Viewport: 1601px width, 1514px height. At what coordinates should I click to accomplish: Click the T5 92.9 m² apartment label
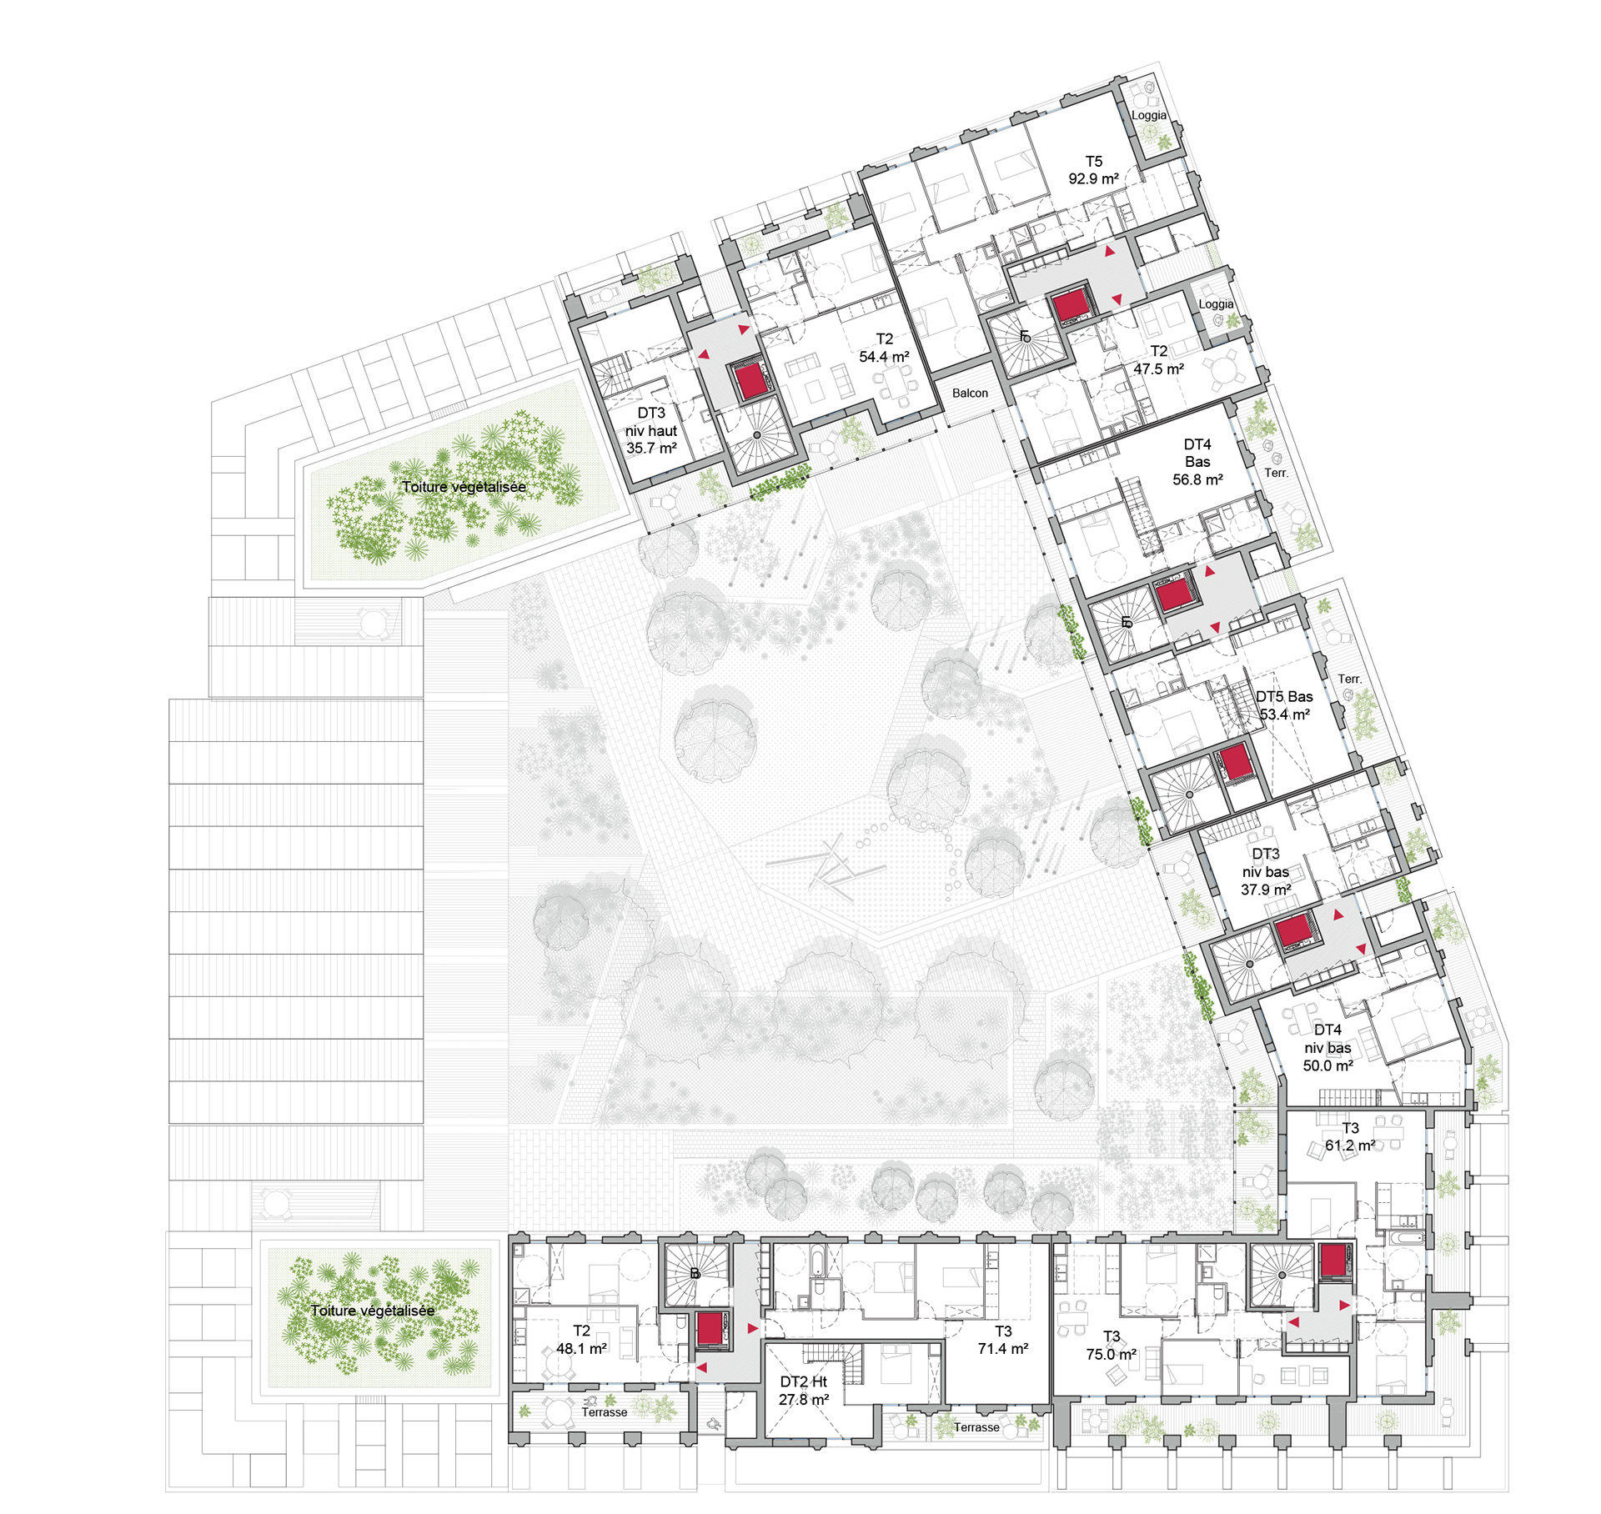[x=1093, y=170]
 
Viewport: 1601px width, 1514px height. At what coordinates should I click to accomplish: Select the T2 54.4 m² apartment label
[x=884, y=348]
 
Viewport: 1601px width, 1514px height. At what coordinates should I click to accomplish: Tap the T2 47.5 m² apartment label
[x=1158, y=360]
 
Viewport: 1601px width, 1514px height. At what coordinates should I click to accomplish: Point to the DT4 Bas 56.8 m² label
[x=1197, y=462]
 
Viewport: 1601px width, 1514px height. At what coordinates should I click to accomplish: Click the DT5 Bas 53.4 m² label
[x=1284, y=705]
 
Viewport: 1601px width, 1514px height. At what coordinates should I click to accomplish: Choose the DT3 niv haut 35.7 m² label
[x=651, y=430]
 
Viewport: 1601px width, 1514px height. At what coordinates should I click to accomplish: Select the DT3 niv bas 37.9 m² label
[x=1265, y=872]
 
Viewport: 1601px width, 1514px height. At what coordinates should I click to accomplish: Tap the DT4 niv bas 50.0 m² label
[x=1327, y=1048]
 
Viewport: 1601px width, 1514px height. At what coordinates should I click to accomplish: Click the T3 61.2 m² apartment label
[x=1350, y=1137]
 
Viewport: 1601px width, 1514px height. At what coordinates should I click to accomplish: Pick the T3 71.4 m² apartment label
[x=1003, y=1340]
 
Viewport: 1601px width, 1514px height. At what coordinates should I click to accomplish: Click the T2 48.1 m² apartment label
[x=581, y=1340]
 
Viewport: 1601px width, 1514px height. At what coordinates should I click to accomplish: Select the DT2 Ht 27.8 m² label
[x=804, y=1391]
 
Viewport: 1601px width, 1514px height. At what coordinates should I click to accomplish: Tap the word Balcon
[x=970, y=393]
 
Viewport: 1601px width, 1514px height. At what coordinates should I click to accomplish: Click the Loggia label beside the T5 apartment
[x=1149, y=115]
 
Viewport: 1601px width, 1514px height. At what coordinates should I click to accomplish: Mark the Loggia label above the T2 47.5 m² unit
[x=1216, y=304]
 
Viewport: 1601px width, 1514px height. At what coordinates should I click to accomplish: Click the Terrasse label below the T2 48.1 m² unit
[x=605, y=1412]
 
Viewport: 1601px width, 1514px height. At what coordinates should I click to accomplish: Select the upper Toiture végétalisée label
[x=464, y=487]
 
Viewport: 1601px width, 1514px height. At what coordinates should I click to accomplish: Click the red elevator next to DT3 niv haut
[x=751, y=380]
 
